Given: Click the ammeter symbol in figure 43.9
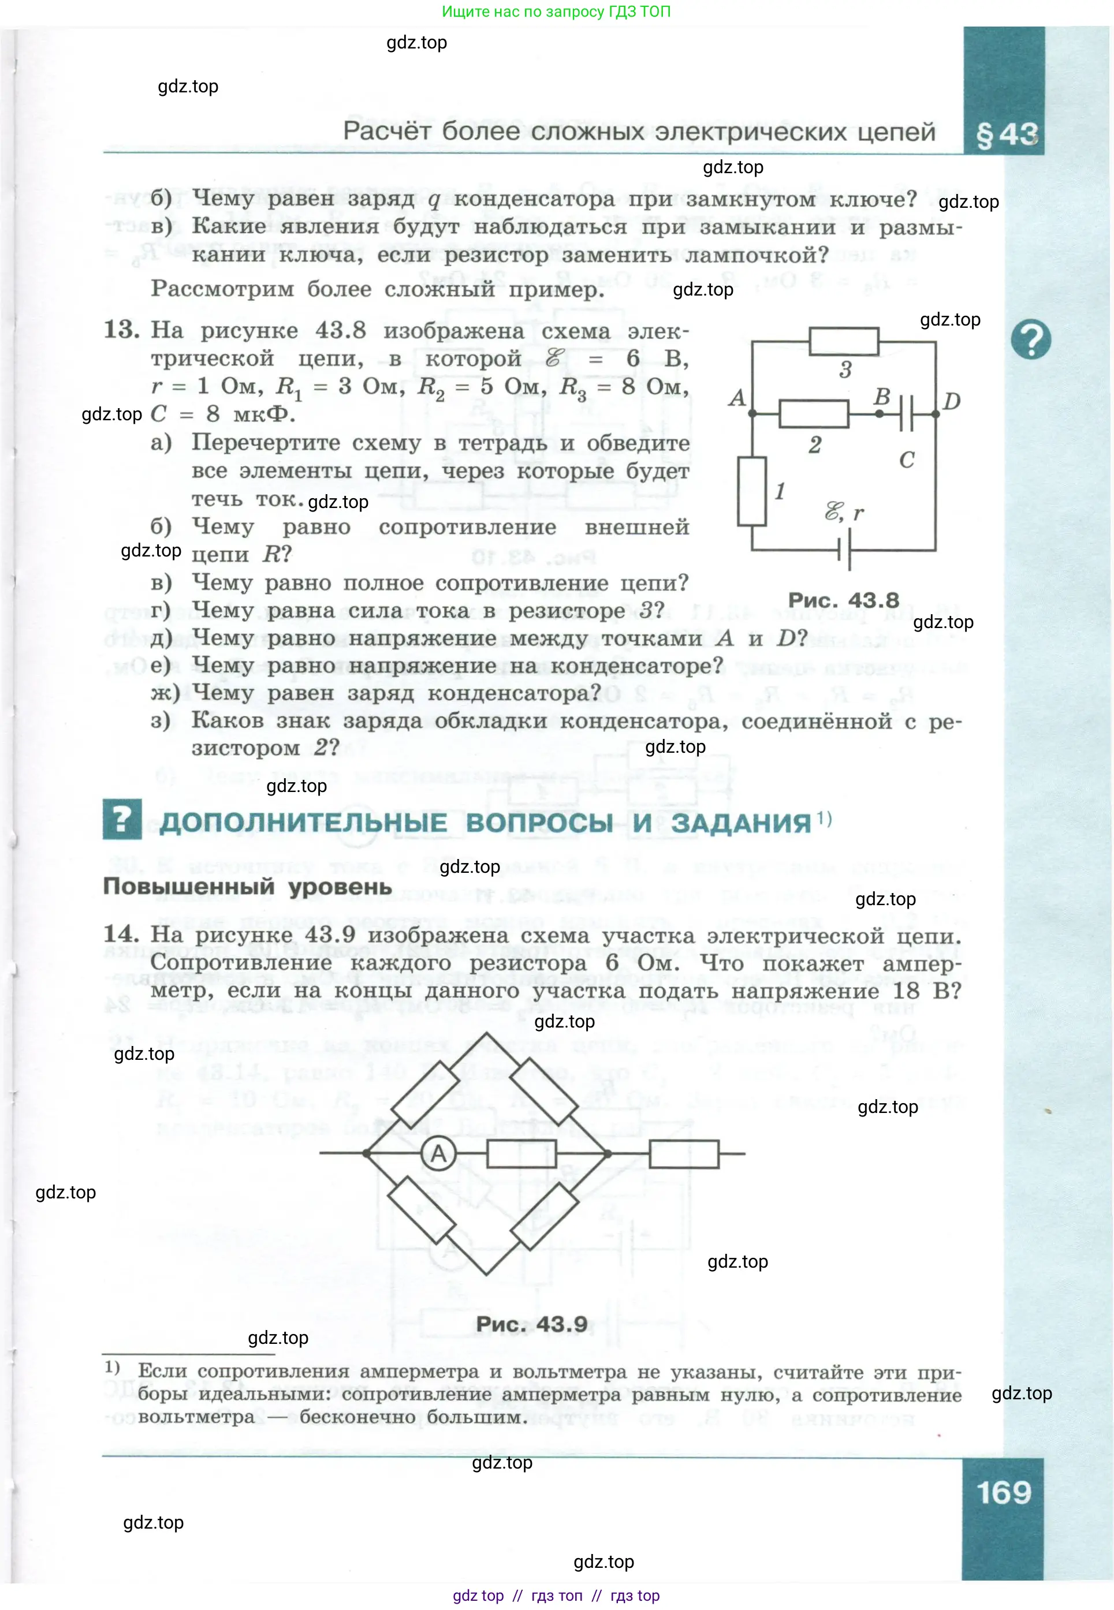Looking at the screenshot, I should click(x=438, y=1153).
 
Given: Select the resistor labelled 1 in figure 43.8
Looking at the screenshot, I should click(x=752, y=491).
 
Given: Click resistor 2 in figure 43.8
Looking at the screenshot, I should click(x=813, y=414).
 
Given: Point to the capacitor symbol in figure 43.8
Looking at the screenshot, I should click(x=906, y=414).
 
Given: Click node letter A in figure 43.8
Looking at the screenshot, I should click(x=737, y=398).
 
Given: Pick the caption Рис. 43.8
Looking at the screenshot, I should click(x=843, y=600).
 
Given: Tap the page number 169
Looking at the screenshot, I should click(x=1003, y=1492).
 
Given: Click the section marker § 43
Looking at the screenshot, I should click(x=1007, y=134).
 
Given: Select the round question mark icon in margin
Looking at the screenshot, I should click(x=1030, y=339).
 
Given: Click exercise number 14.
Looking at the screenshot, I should click(x=121, y=933).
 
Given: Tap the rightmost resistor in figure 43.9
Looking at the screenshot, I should click(x=683, y=1153).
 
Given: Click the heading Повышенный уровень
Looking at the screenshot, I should click(x=247, y=887).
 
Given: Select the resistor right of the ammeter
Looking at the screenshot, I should click(x=521, y=1153).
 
